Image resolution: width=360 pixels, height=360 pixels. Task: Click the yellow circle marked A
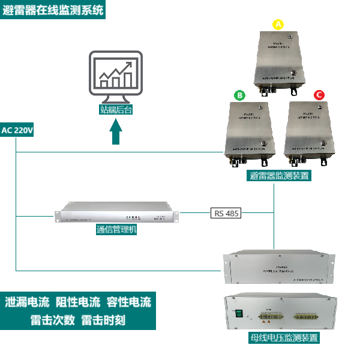(x=278, y=25)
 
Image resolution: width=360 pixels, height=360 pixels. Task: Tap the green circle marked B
(x=239, y=95)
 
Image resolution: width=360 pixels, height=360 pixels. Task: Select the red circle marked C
(x=319, y=95)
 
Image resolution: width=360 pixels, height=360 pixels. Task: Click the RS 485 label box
(x=226, y=212)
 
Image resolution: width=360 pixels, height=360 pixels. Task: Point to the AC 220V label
(x=18, y=130)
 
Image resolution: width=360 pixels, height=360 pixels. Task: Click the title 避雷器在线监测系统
(x=53, y=10)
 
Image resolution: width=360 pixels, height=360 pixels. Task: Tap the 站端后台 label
(x=116, y=109)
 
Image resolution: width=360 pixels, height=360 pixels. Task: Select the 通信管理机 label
(x=116, y=229)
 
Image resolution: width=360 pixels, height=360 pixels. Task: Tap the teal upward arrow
(x=116, y=132)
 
